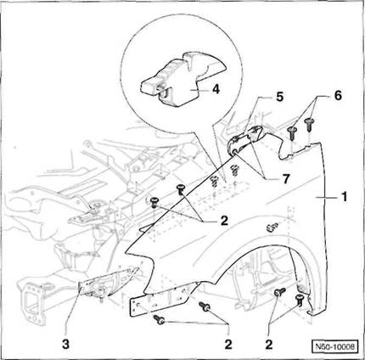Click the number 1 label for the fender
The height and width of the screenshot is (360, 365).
coord(344,197)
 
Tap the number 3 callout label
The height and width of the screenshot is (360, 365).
coord(65,345)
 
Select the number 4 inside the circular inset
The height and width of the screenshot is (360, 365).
coord(216,89)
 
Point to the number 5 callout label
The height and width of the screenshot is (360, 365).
coord(279,97)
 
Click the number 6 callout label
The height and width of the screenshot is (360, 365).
coord(338,95)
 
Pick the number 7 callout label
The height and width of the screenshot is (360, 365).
coord(286,178)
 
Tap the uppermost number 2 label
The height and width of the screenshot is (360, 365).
coord(224,221)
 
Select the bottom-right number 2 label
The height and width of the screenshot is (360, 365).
coord(269,345)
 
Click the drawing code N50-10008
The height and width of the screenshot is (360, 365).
coord(335,346)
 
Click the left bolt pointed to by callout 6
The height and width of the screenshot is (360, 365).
coord(293,132)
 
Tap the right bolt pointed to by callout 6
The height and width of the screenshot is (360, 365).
coord(309,124)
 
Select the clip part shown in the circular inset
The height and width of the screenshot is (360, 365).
coord(183,79)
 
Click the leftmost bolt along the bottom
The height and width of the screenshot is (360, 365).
coord(160,319)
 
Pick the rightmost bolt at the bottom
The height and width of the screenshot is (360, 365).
coord(300,300)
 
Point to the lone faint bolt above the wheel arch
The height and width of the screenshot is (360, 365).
coord(272,226)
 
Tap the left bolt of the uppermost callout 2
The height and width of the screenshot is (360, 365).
coord(154,202)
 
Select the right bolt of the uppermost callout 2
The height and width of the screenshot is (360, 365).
coord(181,189)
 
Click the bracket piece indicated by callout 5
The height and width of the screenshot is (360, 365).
coord(245,141)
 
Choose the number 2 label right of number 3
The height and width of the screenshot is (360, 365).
coord(228,345)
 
